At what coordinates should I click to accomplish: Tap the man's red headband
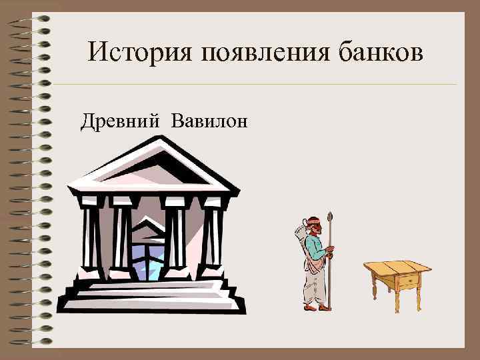pos(313,221)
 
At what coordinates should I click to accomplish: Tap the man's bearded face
pos(317,228)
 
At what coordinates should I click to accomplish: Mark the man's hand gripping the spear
pos(329,251)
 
